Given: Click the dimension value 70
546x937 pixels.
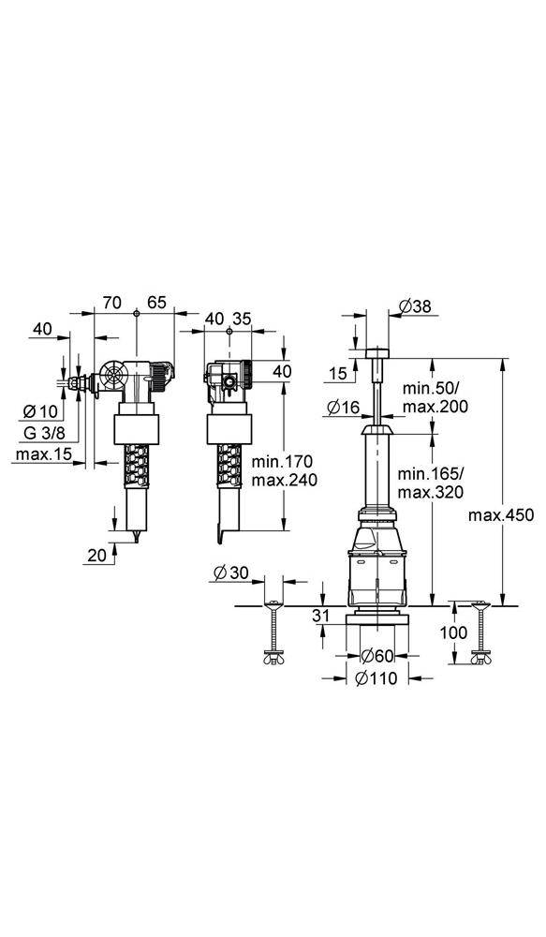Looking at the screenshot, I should [111, 302].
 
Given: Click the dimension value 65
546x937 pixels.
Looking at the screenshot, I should [156, 302].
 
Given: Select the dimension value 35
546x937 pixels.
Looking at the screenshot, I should [242, 319].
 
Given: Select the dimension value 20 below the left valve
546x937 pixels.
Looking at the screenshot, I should [96, 555].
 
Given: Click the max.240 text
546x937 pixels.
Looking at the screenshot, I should [285, 480].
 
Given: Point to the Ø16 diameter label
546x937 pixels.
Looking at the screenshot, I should [345, 406].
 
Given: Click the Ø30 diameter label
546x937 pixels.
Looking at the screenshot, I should [230, 573].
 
